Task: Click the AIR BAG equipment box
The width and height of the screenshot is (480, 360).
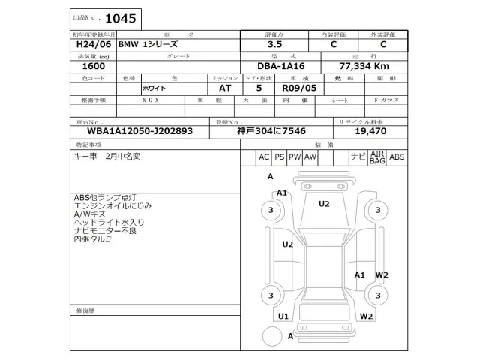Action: [377, 157]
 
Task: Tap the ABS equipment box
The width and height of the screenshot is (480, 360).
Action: [397, 157]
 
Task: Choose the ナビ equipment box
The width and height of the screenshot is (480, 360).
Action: [358, 157]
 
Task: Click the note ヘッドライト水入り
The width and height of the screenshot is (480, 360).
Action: [109, 223]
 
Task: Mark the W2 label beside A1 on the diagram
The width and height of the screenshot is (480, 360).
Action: [382, 274]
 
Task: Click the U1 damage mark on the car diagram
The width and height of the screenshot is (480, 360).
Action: [283, 316]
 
